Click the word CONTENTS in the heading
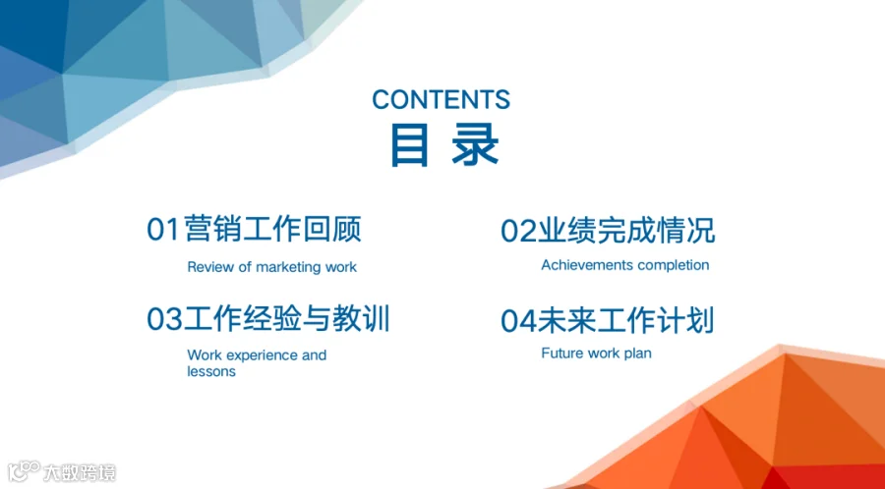441,99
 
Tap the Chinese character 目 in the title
409,145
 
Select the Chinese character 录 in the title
475,145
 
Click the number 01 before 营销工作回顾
162,230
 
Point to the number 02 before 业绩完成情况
517,231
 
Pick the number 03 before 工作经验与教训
164,319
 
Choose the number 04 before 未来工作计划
518,320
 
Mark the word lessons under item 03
211,372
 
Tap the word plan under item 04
639,354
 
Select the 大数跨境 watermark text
80,472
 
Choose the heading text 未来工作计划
625,320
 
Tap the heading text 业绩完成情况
624,231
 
